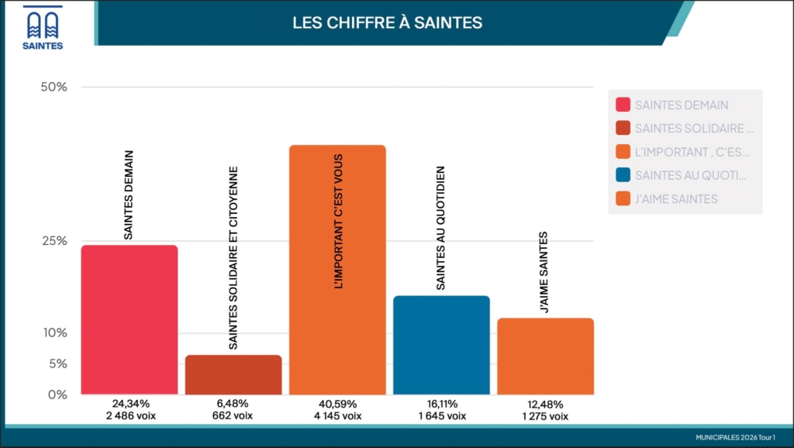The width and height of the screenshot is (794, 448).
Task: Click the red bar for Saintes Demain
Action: (x=129, y=319)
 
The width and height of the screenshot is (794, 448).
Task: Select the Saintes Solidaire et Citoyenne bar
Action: (x=233, y=374)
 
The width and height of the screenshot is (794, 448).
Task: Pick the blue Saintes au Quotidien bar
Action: (x=441, y=345)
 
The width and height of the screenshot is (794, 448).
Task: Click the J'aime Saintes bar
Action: (x=545, y=356)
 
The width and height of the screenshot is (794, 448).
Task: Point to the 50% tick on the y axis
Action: (x=54, y=87)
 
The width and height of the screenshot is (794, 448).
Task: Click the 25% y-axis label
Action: (x=54, y=241)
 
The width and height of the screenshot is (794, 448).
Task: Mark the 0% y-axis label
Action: (x=56, y=395)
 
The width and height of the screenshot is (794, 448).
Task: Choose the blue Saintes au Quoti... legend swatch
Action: (x=622, y=175)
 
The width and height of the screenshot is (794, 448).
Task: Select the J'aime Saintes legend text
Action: (x=676, y=199)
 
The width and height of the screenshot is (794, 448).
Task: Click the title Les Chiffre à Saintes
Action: (x=387, y=23)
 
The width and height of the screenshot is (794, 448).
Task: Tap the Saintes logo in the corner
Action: (x=43, y=29)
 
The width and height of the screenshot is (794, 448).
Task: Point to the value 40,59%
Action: (x=337, y=404)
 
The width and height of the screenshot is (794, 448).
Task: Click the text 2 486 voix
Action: (x=129, y=416)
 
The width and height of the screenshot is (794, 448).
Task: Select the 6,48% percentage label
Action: (x=233, y=404)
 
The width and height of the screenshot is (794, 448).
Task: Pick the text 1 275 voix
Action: (x=545, y=416)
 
